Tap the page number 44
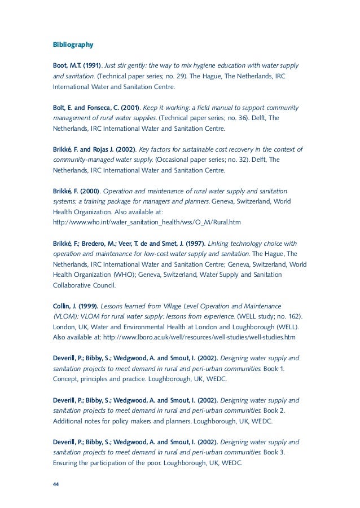click(x=56, y=484)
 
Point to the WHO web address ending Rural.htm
click(x=147, y=223)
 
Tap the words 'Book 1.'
click(x=278, y=368)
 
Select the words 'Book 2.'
click(x=278, y=410)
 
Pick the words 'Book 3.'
click(x=278, y=452)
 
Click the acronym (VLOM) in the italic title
click(x=66, y=316)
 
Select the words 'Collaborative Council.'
click(x=84, y=285)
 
